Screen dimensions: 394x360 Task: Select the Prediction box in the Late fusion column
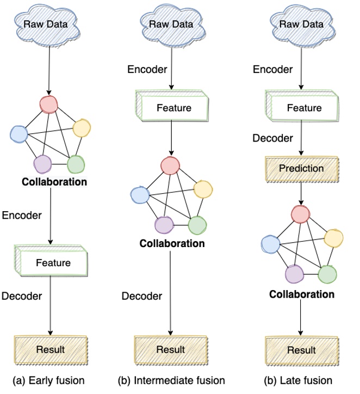[301, 168]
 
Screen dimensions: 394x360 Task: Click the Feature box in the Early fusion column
[53, 263]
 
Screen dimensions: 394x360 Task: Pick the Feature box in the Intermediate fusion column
[173, 108]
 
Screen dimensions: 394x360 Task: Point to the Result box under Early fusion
[51, 349]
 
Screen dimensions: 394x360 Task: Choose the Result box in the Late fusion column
[301, 350]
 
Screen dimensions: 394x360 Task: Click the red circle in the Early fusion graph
[49, 104]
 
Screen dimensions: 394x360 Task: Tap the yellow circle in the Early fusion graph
[81, 128]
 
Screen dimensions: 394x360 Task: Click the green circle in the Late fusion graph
[327, 274]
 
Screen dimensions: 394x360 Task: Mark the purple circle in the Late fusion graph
[294, 274]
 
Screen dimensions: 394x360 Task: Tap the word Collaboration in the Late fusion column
[302, 294]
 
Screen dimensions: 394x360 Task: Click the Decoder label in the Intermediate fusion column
[141, 296]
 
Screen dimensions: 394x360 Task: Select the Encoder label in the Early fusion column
[22, 215]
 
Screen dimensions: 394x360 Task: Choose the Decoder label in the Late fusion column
[272, 138]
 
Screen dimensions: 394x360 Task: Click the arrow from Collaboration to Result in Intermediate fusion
[172, 294]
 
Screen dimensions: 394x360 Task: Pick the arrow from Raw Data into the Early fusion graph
[49, 68]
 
